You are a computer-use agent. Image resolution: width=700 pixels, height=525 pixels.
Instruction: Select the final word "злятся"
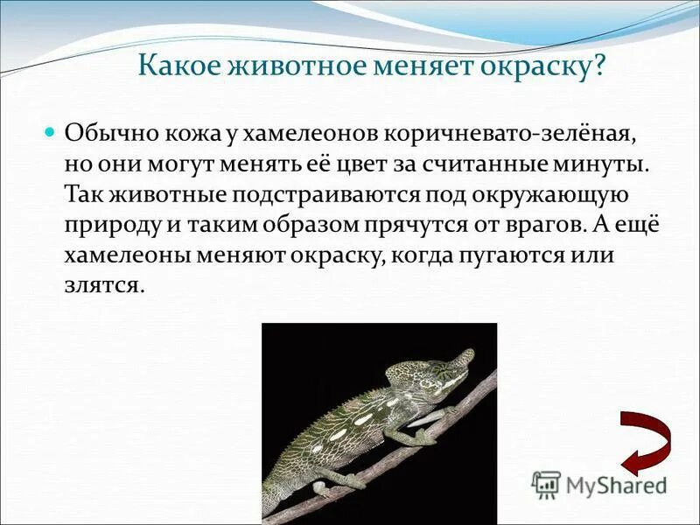coord(102,284)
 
